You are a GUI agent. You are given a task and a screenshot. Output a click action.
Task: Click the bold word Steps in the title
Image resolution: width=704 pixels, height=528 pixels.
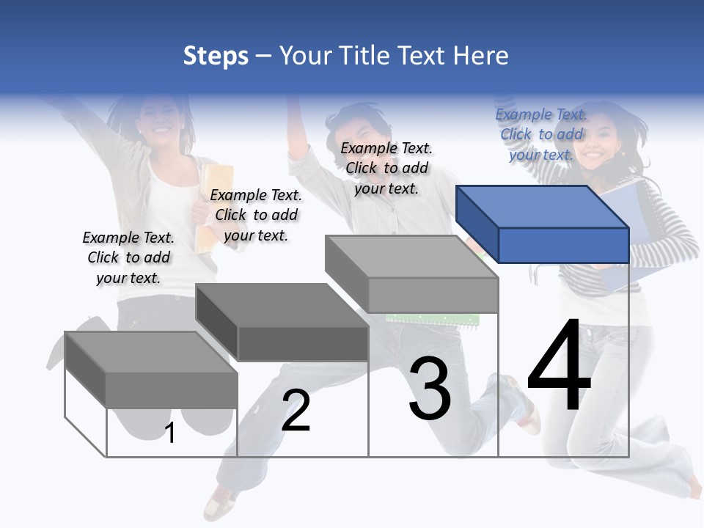(x=216, y=56)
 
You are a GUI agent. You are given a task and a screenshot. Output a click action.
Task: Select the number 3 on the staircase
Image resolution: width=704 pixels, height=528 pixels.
(x=430, y=389)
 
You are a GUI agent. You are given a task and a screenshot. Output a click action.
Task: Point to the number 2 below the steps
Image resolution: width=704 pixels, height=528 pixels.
(x=296, y=411)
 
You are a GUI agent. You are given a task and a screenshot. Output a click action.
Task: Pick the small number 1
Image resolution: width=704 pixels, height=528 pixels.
(x=170, y=433)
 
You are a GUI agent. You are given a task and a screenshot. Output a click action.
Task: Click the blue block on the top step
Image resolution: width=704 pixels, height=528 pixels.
(x=543, y=224)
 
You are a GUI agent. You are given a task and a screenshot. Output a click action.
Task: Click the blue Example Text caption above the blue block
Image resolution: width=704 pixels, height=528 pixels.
(x=541, y=134)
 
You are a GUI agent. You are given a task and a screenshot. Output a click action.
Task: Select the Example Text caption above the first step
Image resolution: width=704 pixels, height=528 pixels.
(x=128, y=257)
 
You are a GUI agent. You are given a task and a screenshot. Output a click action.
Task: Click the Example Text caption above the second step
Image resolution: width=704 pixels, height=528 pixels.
(x=256, y=215)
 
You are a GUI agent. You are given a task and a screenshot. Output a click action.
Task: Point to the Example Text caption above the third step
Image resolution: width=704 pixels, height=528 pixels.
(x=386, y=168)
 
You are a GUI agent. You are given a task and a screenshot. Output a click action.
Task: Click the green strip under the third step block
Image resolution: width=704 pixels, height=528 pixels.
(x=433, y=319)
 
